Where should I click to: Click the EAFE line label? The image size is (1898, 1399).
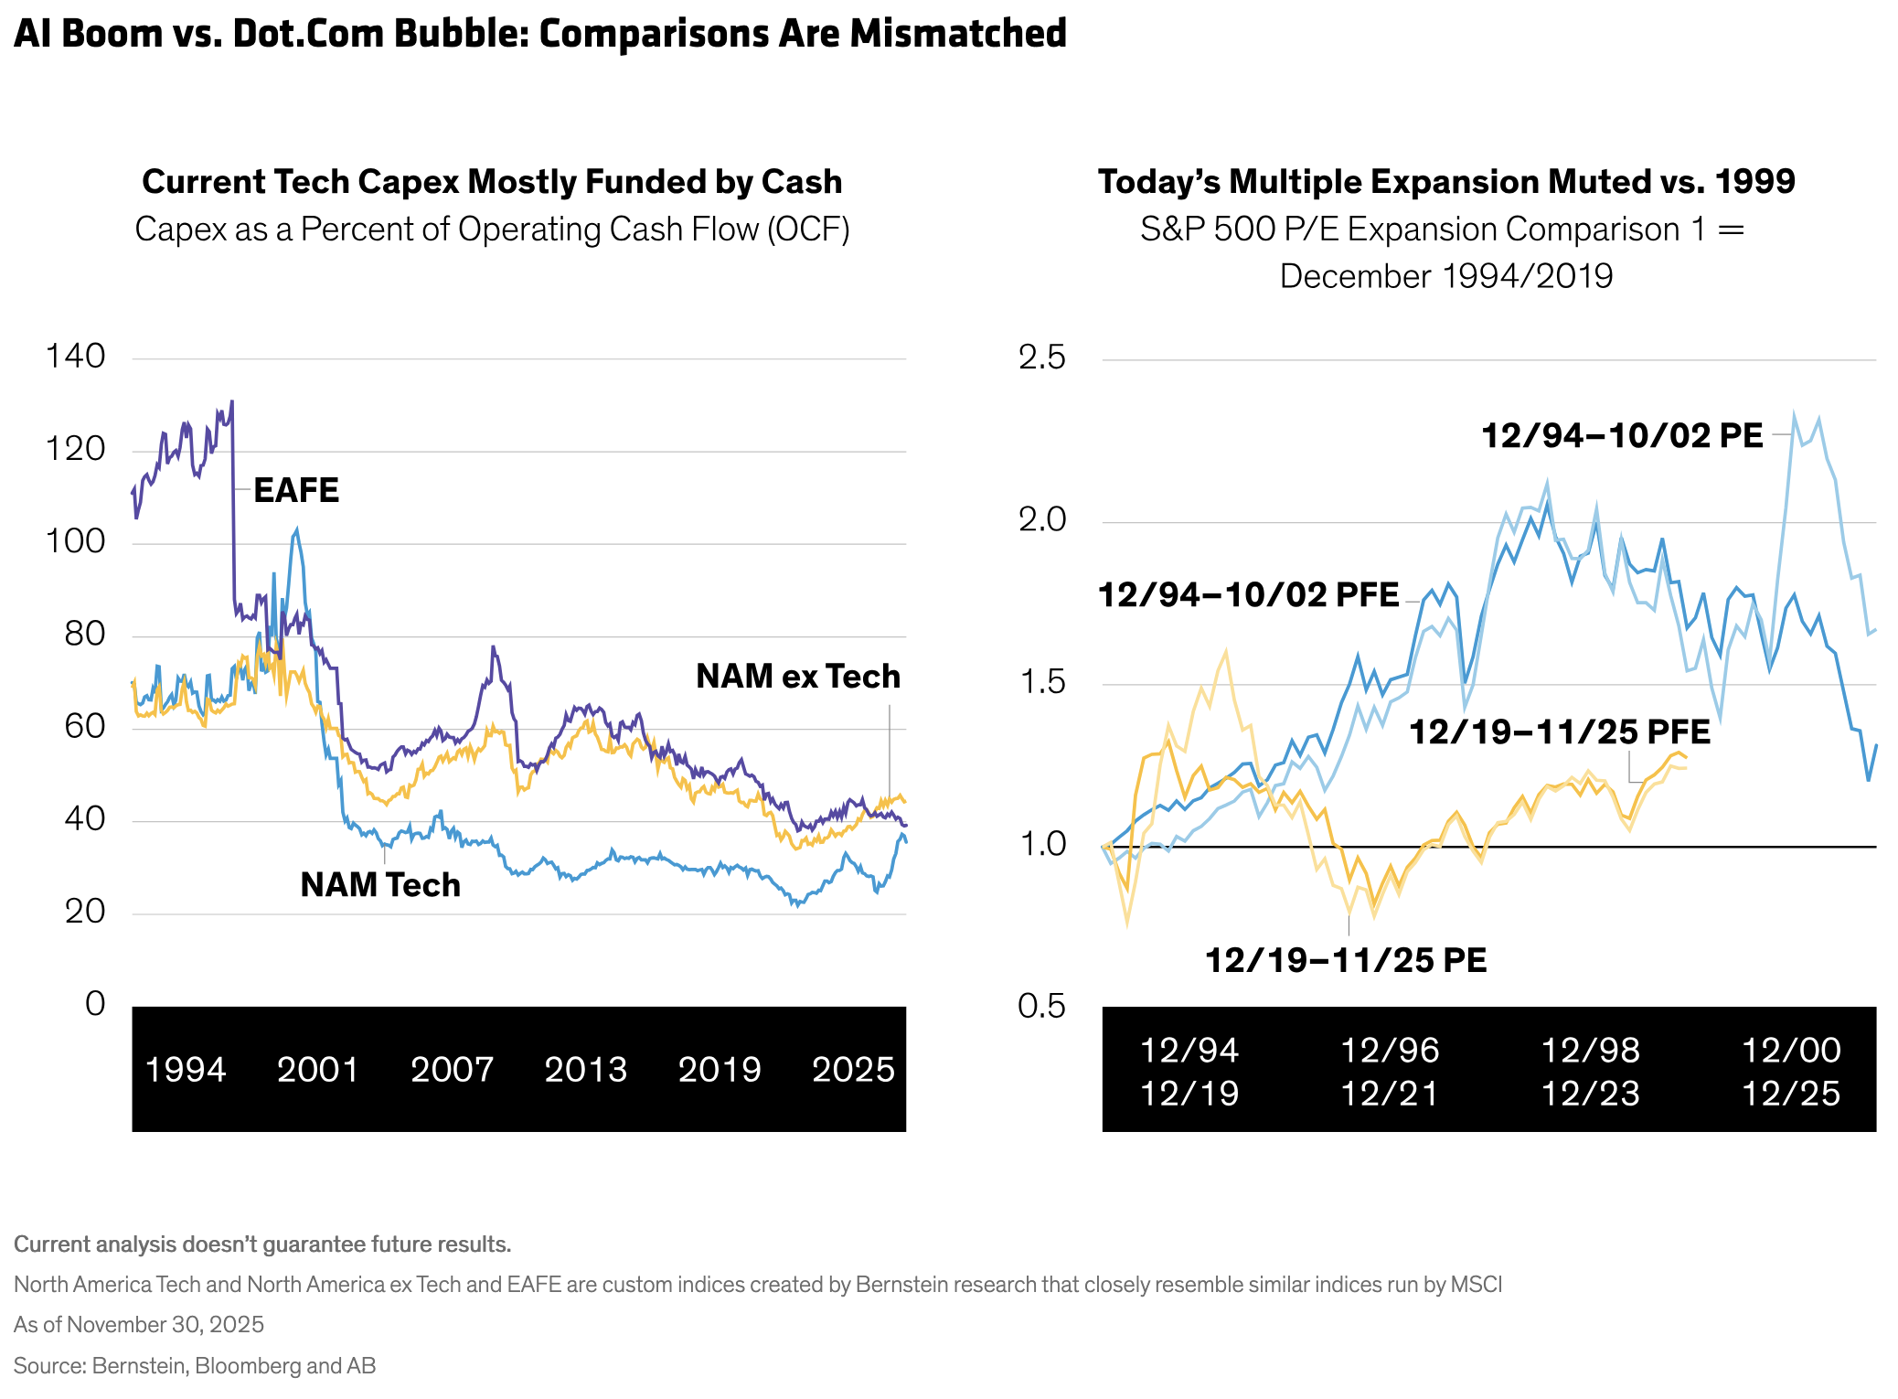pyautogui.click(x=296, y=491)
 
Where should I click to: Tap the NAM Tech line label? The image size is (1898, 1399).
pyautogui.click(x=380, y=885)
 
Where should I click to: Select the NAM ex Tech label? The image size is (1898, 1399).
pyautogui.click(x=797, y=677)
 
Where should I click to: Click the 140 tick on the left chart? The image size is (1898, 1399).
pyautogui.click(x=75, y=357)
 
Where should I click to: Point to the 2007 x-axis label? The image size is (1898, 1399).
pyautogui.click(x=452, y=1070)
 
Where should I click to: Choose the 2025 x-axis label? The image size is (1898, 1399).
pyautogui.click(x=853, y=1070)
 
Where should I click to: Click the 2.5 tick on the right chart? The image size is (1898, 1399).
pyautogui.click(x=1041, y=358)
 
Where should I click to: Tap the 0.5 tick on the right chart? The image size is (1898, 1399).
pyautogui.click(x=1041, y=1006)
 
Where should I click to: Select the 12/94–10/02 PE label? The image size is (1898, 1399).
pyautogui.click(x=1622, y=436)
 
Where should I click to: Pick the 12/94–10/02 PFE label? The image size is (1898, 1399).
pyautogui.click(x=1248, y=595)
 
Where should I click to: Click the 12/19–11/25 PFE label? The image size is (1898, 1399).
pyautogui.click(x=1559, y=732)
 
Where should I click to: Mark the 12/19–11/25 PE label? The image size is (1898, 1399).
pyautogui.click(x=1346, y=960)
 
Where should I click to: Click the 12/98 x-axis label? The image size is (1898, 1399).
pyautogui.click(x=1590, y=1051)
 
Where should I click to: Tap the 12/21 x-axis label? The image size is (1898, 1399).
pyautogui.click(x=1390, y=1094)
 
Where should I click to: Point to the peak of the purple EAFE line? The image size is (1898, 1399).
pyautogui.click(x=232, y=401)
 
